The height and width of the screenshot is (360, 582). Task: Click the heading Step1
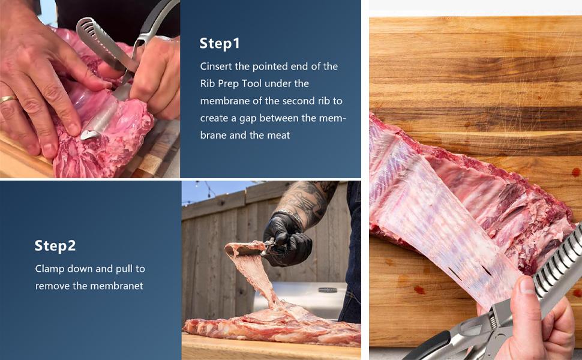click(x=220, y=43)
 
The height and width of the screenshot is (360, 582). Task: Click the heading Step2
click(x=55, y=245)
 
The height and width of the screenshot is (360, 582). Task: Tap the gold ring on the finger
click(x=8, y=100)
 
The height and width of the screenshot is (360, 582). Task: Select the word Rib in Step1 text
click(x=208, y=83)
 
